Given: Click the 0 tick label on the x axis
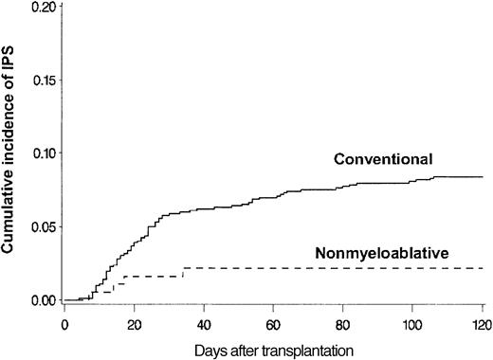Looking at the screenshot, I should tap(64, 324).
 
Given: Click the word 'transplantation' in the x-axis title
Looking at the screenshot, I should tap(307, 349).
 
